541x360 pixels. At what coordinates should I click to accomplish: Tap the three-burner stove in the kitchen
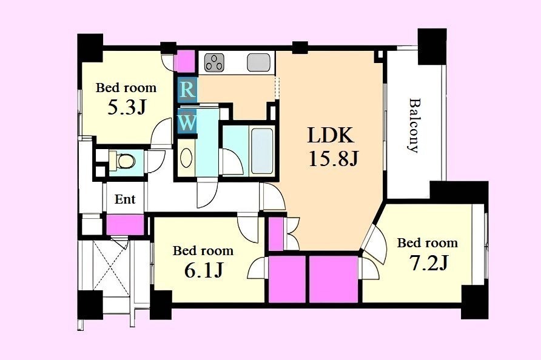[214, 62]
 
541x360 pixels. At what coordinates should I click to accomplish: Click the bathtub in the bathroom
[262, 152]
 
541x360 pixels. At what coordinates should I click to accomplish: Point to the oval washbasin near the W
[186, 158]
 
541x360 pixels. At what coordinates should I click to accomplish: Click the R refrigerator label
[187, 90]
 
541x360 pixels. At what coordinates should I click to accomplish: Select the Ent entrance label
[125, 199]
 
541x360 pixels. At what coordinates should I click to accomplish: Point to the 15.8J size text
[334, 159]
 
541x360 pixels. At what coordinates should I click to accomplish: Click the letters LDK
[331, 135]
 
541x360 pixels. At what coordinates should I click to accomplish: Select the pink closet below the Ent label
[125, 224]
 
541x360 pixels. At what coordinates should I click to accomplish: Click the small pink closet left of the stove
[186, 61]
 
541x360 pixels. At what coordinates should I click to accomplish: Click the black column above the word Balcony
[432, 46]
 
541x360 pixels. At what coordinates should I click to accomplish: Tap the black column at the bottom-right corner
[474, 302]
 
